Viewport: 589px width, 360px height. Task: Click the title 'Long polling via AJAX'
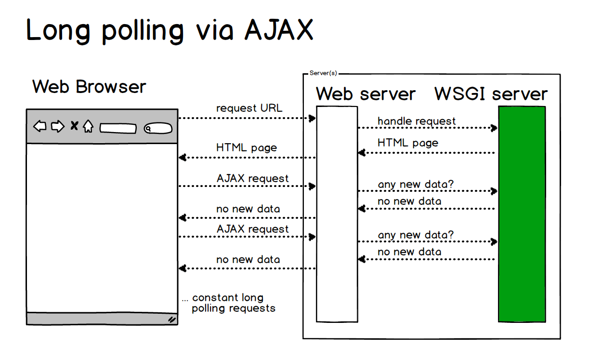tap(170, 30)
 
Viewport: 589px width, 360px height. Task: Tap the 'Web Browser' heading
tap(89, 87)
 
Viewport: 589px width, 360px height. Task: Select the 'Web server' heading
tap(366, 93)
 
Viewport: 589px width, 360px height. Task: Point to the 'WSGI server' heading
tap(491, 93)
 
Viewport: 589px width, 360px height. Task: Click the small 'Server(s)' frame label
tap(323, 73)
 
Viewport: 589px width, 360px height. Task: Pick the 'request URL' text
tap(249, 108)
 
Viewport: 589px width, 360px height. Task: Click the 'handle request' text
tap(417, 121)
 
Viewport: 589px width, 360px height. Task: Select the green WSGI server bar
tap(522, 213)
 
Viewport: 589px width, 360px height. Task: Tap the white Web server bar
tap(337, 213)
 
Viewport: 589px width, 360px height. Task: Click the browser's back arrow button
tap(40, 127)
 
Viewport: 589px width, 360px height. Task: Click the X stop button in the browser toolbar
tap(74, 126)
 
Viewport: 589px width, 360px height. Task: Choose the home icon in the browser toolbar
tap(88, 127)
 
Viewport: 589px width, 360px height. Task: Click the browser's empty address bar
tap(118, 128)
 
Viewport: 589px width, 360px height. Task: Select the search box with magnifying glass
tap(157, 128)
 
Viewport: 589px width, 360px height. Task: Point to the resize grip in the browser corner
tap(171, 319)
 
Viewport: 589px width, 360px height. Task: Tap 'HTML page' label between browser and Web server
tap(247, 147)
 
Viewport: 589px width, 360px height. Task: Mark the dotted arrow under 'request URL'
tap(247, 118)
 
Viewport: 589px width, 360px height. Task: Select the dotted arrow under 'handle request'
tap(427, 128)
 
